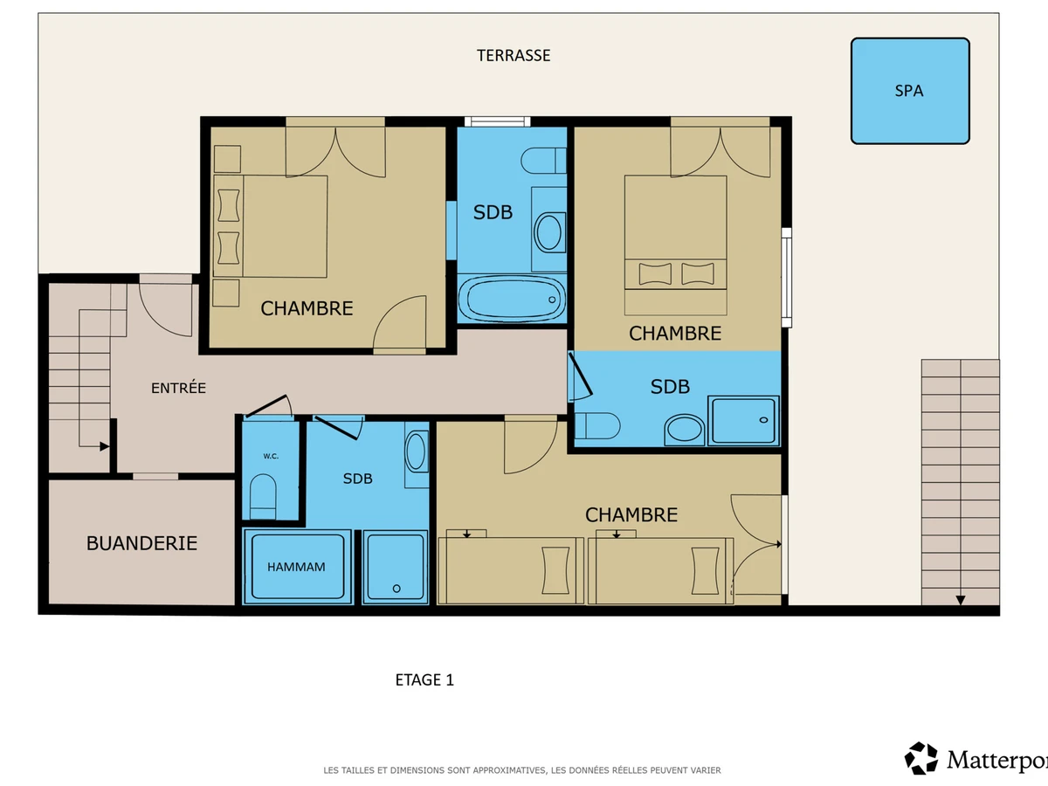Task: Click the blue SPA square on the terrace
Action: point(910,91)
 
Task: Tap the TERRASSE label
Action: point(514,55)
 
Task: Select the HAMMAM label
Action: point(296,567)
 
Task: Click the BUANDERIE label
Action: point(141,543)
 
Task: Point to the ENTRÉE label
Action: point(178,388)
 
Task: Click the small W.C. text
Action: point(271,456)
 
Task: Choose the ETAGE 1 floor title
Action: point(424,679)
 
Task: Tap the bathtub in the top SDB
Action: point(512,300)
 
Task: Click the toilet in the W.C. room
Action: point(263,497)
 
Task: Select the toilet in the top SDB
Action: point(543,161)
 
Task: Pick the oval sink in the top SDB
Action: point(549,233)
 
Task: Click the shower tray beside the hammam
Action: point(396,567)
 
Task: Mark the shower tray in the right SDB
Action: point(743,420)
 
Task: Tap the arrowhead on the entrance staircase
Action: point(104,446)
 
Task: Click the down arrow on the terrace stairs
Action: point(961,600)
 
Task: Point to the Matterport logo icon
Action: point(921,758)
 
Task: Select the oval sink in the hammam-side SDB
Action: point(416,452)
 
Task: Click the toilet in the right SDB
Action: point(597,425)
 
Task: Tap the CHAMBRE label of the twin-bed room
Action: point(631,515)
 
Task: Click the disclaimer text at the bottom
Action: point(522,769)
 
